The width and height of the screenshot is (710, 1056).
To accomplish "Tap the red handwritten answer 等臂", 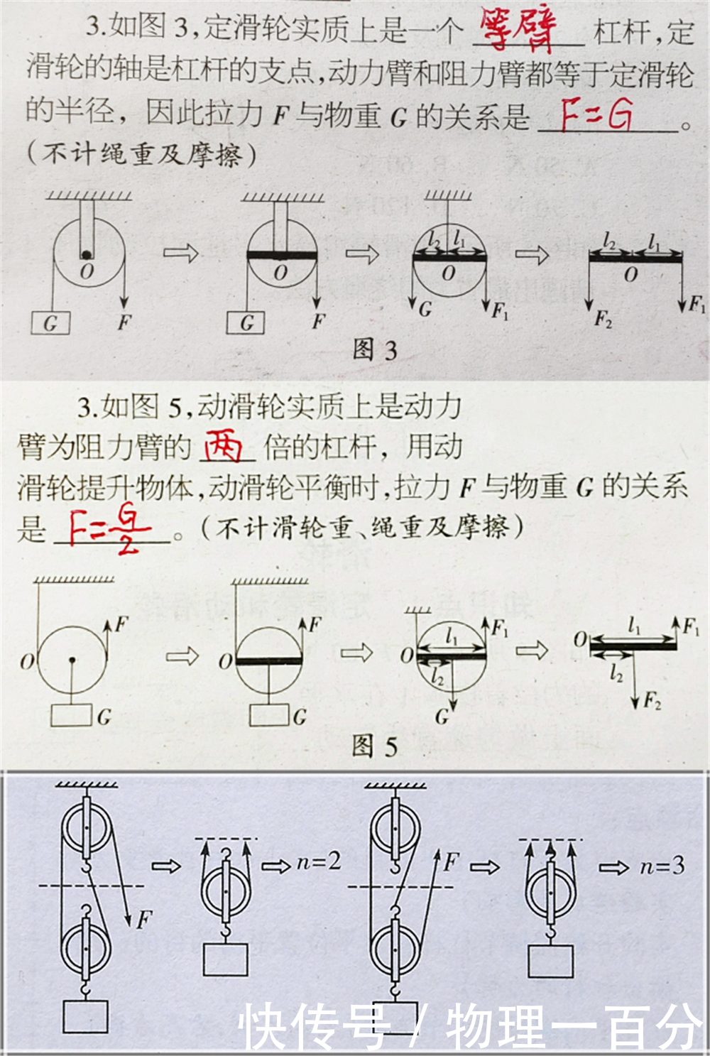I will click(517, 30).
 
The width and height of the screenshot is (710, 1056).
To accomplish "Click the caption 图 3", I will click(374, 349).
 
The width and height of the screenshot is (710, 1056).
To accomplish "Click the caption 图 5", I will click(374, 746).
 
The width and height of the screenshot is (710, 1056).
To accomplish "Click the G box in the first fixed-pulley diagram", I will click(51, 323).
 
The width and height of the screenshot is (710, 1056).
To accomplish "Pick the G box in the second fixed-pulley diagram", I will click(246, 323).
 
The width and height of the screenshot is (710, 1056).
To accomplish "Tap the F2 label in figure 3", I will click(603, 320).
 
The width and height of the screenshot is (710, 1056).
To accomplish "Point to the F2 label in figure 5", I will click(652, 702).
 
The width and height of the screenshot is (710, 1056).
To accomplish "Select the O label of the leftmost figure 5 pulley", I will click(27, 662).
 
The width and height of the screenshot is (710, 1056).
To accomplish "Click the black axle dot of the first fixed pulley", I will click(86, 255).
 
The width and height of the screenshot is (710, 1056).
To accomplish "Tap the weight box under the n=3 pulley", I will click(550, 961).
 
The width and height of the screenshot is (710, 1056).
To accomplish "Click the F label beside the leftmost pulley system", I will click(144, 920).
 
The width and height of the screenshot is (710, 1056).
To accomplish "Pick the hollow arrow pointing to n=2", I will click(276, 866).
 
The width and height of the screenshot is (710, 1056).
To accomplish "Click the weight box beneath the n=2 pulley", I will click(226, 959).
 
